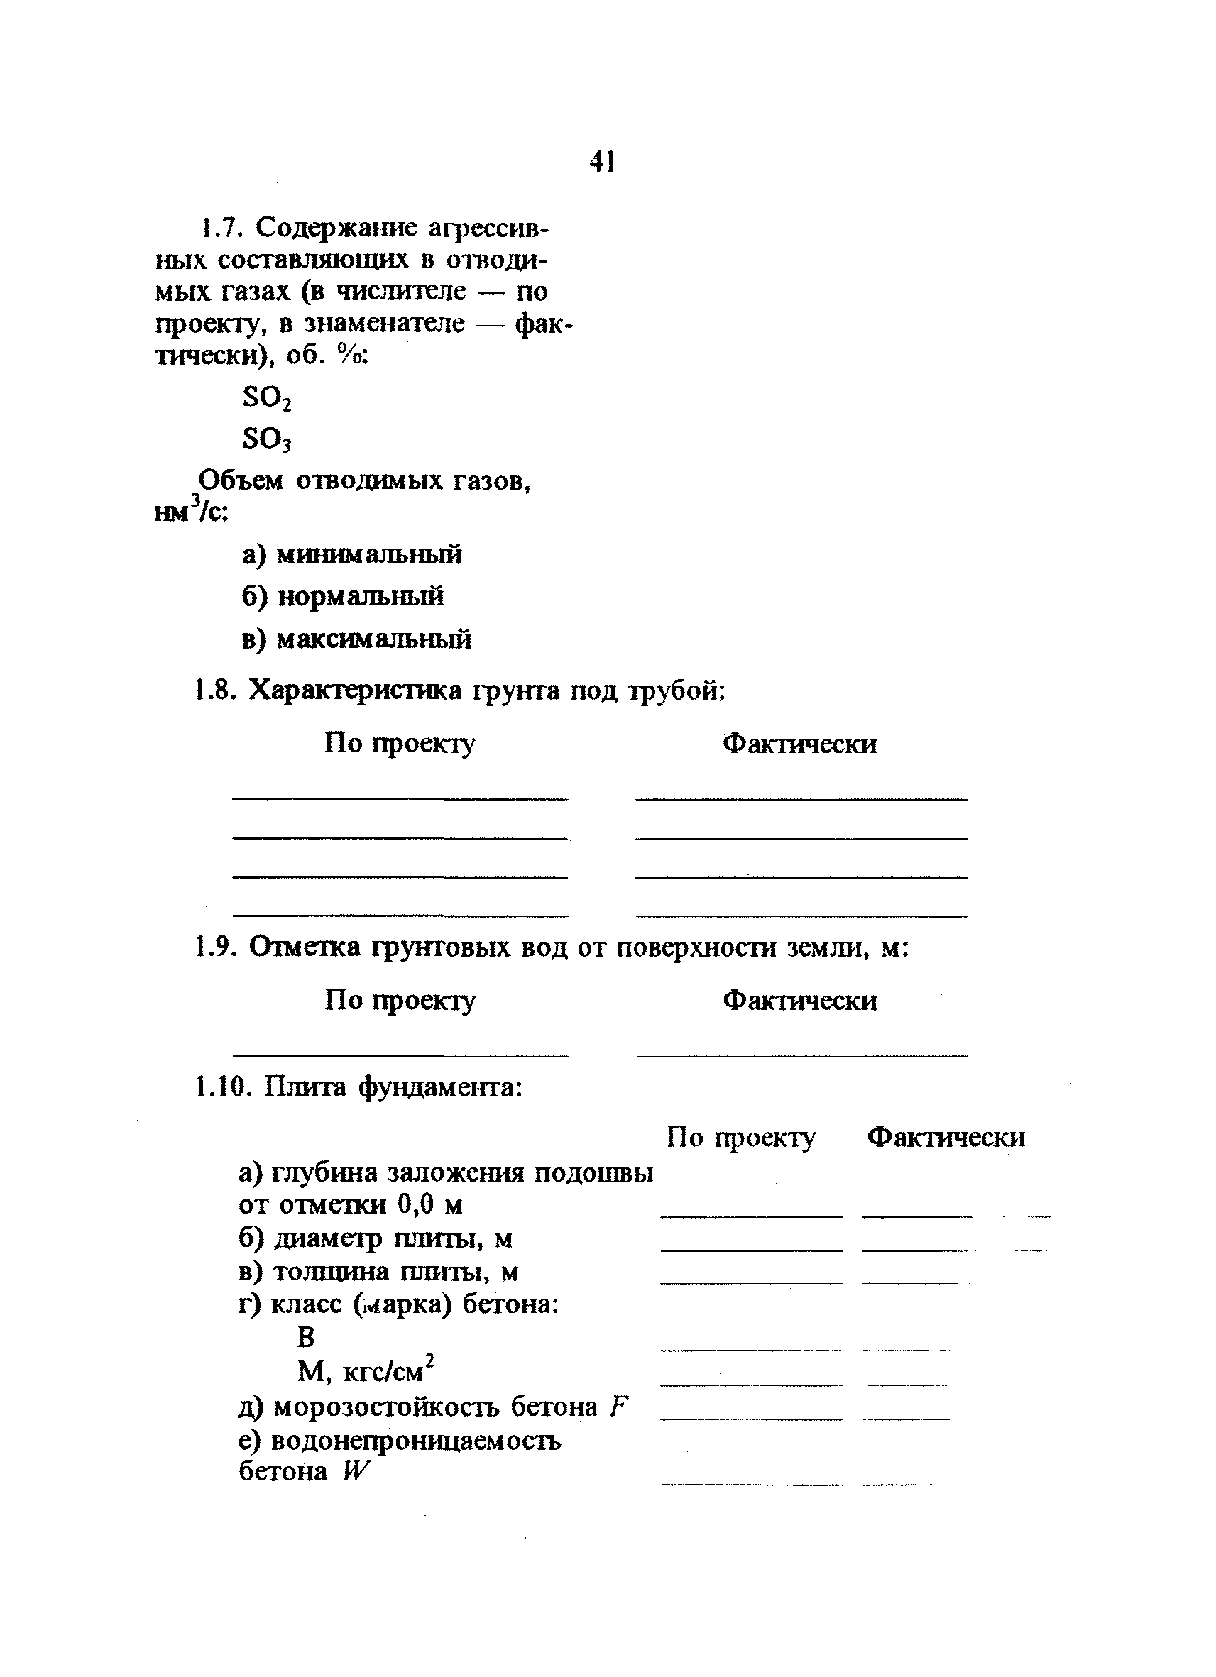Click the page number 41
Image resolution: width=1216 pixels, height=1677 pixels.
602,161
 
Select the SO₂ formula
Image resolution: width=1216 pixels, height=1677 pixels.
267,400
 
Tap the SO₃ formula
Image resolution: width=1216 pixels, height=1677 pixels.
267,440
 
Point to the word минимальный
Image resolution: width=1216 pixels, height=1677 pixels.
369,554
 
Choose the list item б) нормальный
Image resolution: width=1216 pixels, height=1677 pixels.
342,596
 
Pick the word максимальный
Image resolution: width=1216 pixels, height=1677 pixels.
373,639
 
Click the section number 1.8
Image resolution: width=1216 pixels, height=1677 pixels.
216,691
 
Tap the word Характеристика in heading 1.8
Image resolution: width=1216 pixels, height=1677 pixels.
354,691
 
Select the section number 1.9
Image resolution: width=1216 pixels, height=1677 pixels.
216,947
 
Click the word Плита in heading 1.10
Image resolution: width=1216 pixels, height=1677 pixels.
305,1087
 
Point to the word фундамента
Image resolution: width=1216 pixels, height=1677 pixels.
440,1087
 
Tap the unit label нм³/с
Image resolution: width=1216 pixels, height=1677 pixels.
192,510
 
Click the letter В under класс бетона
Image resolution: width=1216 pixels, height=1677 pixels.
306,1337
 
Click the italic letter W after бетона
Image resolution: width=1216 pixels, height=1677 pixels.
355,1471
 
